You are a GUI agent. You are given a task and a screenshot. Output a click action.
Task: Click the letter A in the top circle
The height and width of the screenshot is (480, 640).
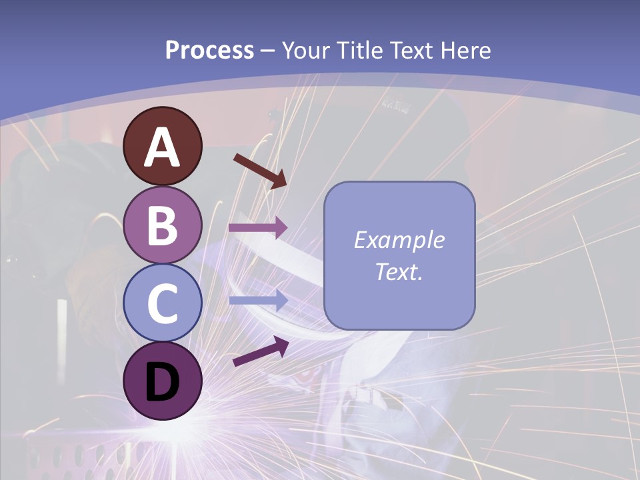click(162, 148)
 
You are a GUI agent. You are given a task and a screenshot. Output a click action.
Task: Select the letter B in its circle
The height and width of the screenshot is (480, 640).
click(162, 225)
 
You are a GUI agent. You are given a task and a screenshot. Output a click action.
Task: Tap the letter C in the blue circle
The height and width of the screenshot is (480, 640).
click(162, 303)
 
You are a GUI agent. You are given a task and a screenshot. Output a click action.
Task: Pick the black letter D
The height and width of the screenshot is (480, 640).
click(162, 382)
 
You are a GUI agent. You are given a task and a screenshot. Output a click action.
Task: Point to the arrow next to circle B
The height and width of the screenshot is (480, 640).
click(257, 228)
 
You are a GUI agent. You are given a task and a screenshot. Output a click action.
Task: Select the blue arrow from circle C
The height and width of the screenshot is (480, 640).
click(257, 301)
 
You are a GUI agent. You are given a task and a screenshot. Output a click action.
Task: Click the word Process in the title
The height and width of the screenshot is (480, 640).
click(209, 51)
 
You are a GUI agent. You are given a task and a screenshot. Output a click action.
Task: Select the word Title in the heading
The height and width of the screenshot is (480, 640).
click(360, 51)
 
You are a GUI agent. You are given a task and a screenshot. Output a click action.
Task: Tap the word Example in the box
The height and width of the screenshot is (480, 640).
click(399, 240)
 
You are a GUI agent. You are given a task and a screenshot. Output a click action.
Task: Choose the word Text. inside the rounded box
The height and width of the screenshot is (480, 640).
click(399, 271)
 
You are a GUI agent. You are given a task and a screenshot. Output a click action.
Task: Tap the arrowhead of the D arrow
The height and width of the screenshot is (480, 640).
click(281, 344)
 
